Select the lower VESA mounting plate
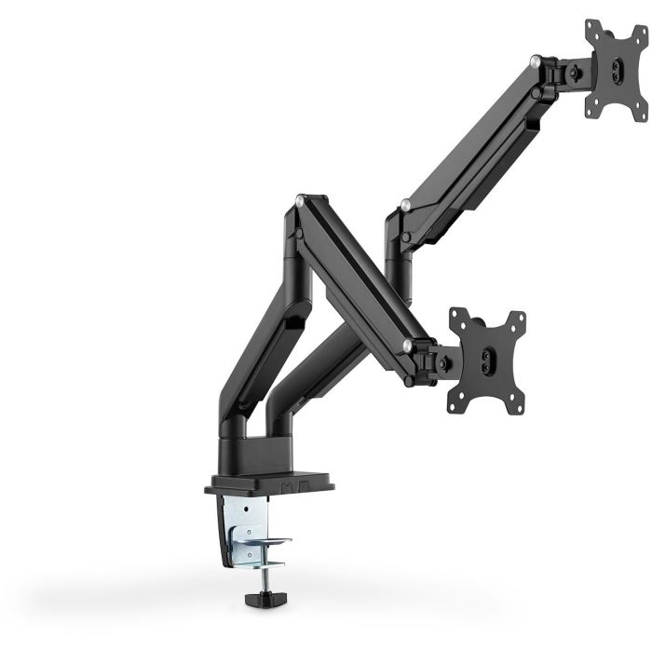pyautogui.click(x=486, y=360)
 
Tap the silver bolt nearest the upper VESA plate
pyautogui.click(x=535, y=61)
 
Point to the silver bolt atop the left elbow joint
pyautogui.click(x=299, y=199)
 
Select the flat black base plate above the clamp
pyautogui.click(x=270, y=483)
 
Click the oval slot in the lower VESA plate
pyautogui.click(x=488, y=359)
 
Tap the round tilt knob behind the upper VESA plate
pyautogui.click(x=579, y=69)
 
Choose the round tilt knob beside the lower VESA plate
pyautogui.click(x=446, y=359)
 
